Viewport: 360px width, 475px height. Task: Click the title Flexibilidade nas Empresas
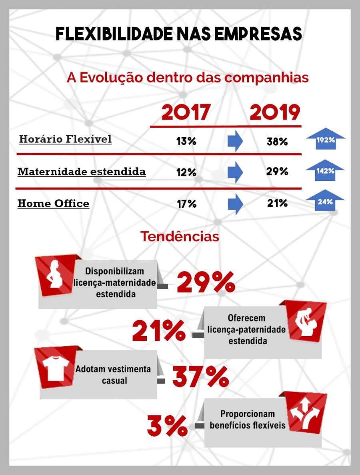click(178, 34)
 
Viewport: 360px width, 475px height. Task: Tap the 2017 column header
click(186, 113)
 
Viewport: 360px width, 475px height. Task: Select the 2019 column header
click(275, 113)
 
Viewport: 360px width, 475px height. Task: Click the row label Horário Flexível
click(65, 139)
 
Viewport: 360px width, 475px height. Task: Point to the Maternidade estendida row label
click(82, 172)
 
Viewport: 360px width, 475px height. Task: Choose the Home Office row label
click(53, 203)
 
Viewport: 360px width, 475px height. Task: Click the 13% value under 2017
click(186, 141)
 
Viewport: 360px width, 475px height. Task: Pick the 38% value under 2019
click(277, 141)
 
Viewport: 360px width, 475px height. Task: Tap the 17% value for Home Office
click(186, 204)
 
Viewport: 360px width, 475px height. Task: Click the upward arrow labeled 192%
click(325, 139)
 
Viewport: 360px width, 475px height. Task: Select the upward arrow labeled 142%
click(325, 170)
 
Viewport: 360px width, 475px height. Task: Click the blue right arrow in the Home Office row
click(235, 204)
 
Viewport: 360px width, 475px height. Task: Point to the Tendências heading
click(180, 236)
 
